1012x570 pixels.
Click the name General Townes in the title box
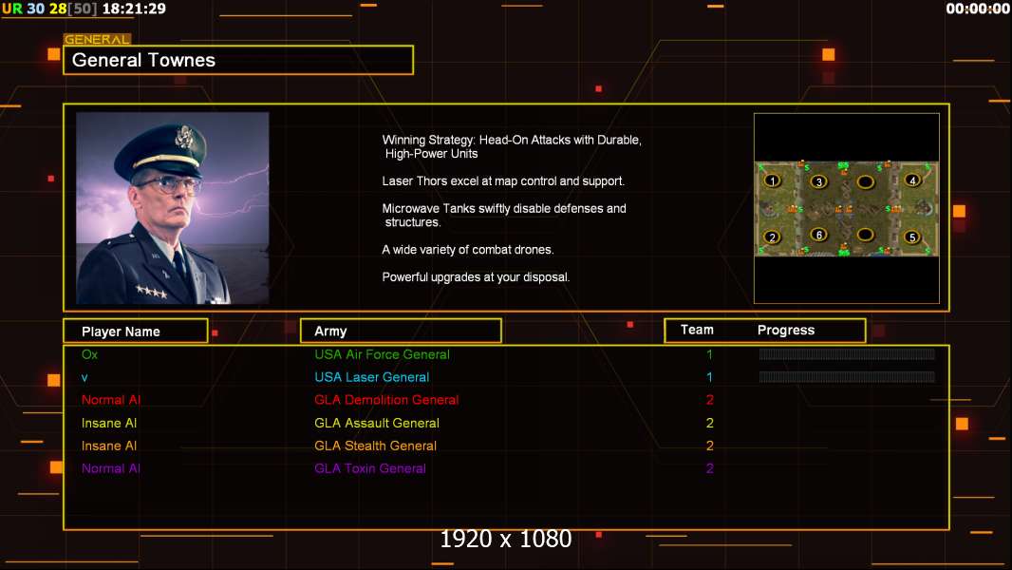click(x=144, y=60)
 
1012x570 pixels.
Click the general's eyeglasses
click(x=168, y=183)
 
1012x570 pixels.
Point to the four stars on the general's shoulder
click(x=151, y=292)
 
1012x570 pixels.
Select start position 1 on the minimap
click(x=773, y=180)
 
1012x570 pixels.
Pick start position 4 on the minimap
click(x=912, y=180)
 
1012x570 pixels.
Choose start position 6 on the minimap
click(x=818, y=235)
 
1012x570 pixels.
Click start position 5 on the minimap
click(x=912, y=237)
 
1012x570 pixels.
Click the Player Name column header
click(x=121, y=332)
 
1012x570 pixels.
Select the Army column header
click(x=330, y=332)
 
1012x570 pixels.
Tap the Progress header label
click(x=786, y=331)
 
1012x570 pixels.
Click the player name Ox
click(x=89, y=354)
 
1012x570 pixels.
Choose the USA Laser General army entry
click(x=372, y=377)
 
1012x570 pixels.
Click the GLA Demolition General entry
click(x=386, y=400)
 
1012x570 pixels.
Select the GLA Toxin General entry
click(x=370, y=468)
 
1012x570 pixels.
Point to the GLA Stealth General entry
click(x=375, y=446)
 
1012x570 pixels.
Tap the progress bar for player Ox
click(x=847, y=354)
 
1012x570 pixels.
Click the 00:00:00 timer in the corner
click(x=978, y=9)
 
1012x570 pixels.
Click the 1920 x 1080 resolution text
click(x=506, y=540)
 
